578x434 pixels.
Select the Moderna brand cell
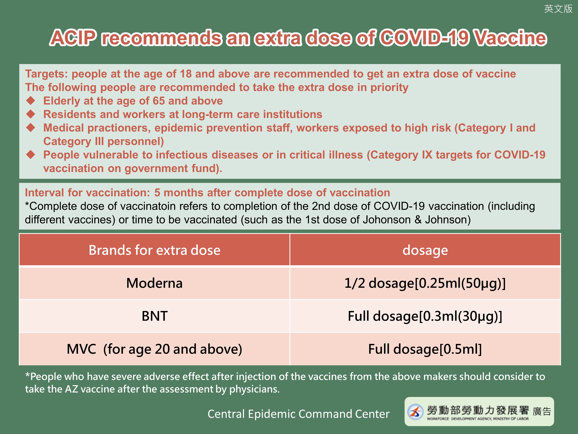155,283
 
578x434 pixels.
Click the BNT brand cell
155,316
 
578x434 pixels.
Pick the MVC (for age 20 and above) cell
155,349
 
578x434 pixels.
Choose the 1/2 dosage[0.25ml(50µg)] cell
425,283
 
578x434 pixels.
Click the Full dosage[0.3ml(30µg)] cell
425,316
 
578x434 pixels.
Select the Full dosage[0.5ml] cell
425,349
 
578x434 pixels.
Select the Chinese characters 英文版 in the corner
558,9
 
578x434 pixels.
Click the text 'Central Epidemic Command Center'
298,414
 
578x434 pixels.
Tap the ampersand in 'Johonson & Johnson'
418,220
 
